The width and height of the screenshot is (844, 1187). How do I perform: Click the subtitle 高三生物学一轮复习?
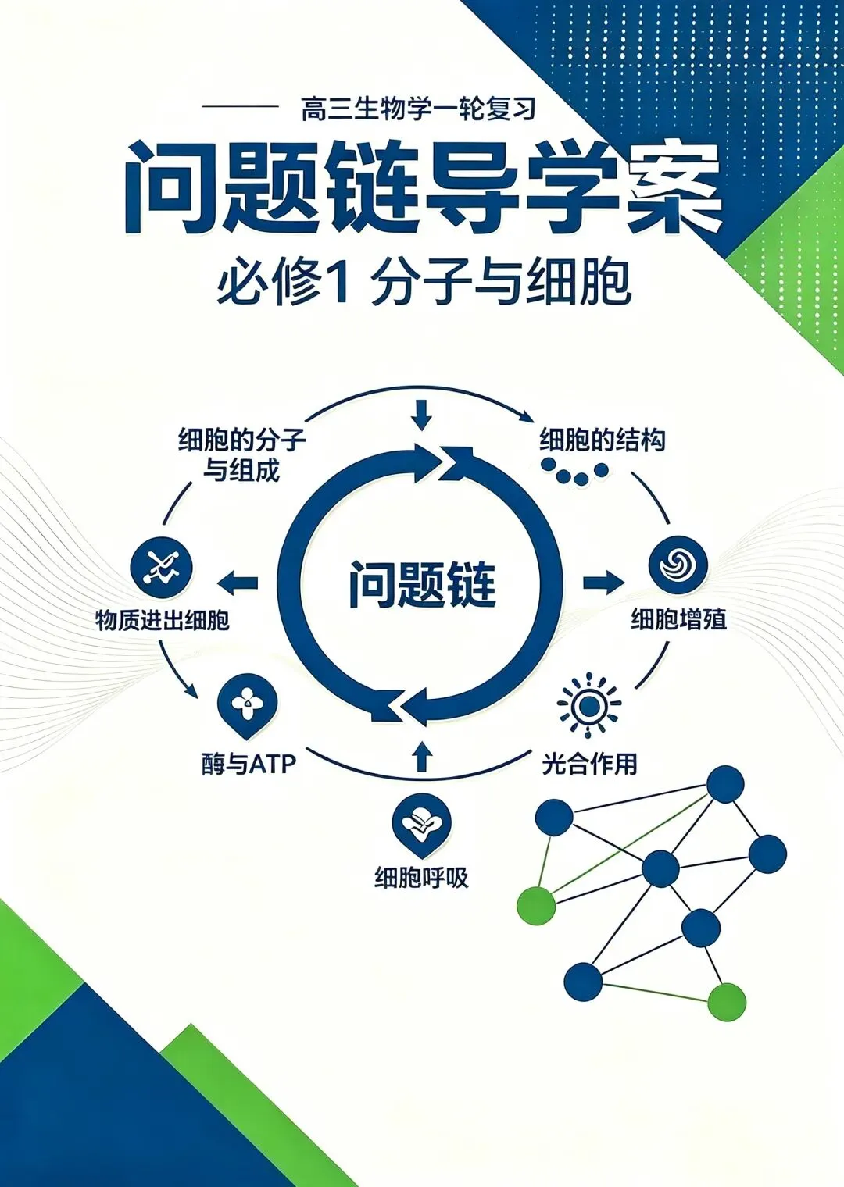click(x=418, y=109)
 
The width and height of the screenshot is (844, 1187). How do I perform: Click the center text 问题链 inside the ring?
click(x=423, y=584)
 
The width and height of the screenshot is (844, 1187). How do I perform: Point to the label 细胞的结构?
click(x=603, y=440)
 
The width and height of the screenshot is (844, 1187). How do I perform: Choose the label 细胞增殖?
click(x=678, y=619)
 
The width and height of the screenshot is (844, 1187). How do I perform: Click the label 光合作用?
click(x=589, y=764)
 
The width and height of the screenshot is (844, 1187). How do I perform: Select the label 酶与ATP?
click(x=248, y=764)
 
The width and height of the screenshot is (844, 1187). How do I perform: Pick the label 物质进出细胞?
click(x=163, y=620)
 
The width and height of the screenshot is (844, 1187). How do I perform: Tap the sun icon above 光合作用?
click(x=589, y=705)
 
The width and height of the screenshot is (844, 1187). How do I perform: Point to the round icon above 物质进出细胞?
click(x=162, y=567)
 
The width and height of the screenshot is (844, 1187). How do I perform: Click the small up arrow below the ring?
click(x=421, y=756)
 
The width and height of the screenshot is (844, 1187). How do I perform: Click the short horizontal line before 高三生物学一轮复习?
click(x=240, y=107)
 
